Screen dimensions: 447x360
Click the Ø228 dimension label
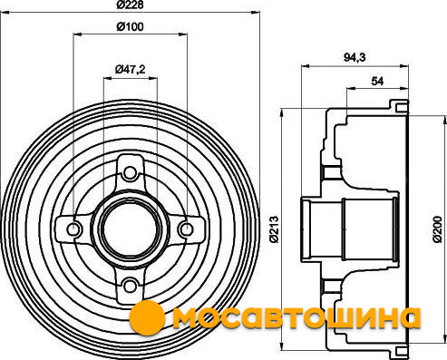tap(130, 5)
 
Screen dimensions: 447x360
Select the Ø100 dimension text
tap(130, 27)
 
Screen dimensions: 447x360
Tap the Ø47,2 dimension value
tap(130, 70)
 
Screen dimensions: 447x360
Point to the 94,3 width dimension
tap(355, 57)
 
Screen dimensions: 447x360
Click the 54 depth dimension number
tap(377, 81)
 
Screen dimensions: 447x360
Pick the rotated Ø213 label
tap(274, 229)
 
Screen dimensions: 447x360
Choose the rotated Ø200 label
tap(437, 229)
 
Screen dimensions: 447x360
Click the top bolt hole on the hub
tap(131, 173)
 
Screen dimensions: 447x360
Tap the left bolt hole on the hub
tap(73, 229)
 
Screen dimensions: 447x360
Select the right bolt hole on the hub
tap(187, 229)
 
